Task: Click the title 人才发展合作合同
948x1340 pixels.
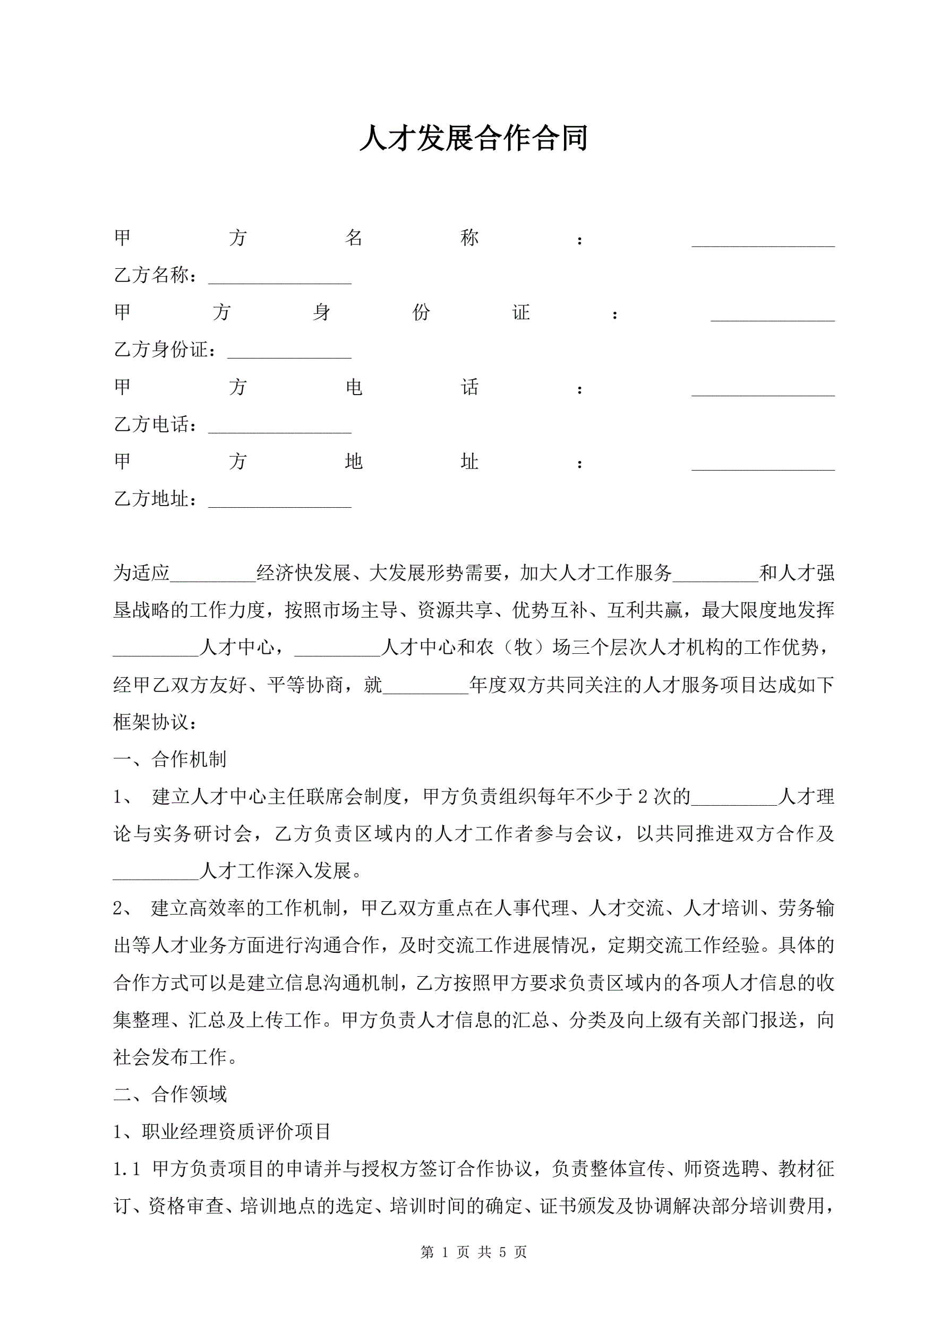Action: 473,138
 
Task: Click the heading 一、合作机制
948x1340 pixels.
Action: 170,759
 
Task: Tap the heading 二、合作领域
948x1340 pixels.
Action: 170,1094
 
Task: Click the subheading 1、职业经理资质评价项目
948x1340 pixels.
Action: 223,1132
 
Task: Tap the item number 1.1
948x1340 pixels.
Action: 127,1169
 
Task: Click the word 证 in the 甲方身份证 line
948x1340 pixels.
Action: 520,312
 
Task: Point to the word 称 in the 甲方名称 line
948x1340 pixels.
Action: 469,237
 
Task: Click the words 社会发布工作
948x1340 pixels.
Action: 170,1057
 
